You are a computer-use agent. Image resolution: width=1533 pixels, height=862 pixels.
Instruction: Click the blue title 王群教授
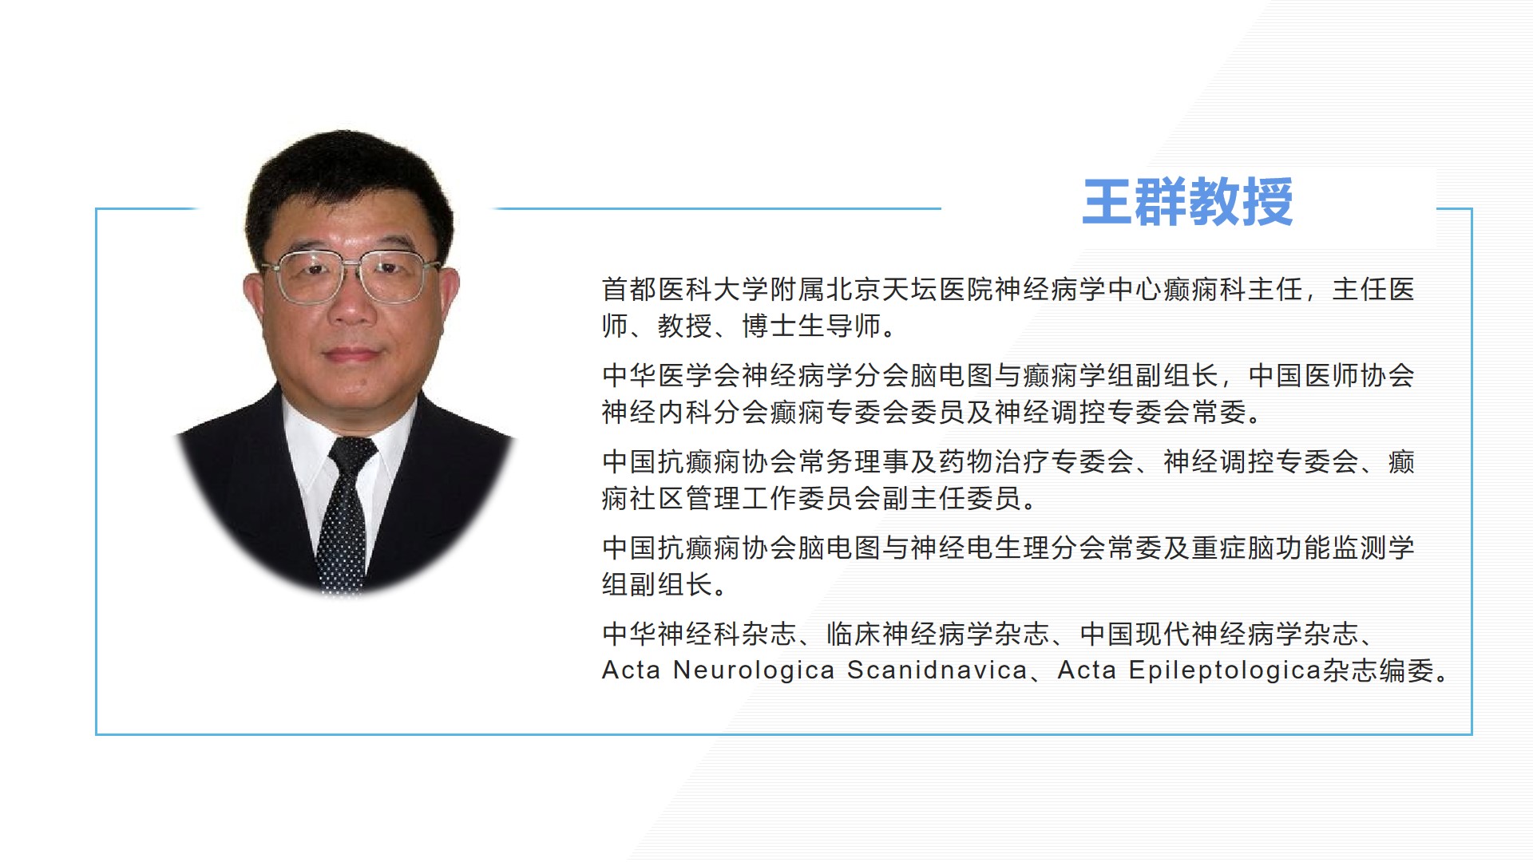tap(1187, 201)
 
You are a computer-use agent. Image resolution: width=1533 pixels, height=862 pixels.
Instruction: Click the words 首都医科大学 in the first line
tap(685, 289)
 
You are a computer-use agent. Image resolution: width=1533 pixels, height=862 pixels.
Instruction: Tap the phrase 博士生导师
tap(811, 326)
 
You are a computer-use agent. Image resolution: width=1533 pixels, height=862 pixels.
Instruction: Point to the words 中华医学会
tap(671, 375)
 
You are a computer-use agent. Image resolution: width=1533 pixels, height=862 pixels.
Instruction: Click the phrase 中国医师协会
tap(1331, 375)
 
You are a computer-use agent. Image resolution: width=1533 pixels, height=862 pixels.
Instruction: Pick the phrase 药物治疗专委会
tap(1036, 461)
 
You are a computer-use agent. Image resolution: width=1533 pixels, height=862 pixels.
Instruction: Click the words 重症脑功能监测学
tap(1303, 548)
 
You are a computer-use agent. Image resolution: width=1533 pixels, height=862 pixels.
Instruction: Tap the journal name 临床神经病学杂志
tap(938, 634)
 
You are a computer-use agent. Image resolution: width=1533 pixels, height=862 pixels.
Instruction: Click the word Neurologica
tap(754, 670)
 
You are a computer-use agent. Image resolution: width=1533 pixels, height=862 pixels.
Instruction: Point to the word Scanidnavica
tap(937, 670)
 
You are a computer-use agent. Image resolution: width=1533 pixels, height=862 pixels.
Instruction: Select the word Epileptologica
tap(1225, 670)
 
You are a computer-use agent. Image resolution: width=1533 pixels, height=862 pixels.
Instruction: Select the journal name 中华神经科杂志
tap(699, 634)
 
